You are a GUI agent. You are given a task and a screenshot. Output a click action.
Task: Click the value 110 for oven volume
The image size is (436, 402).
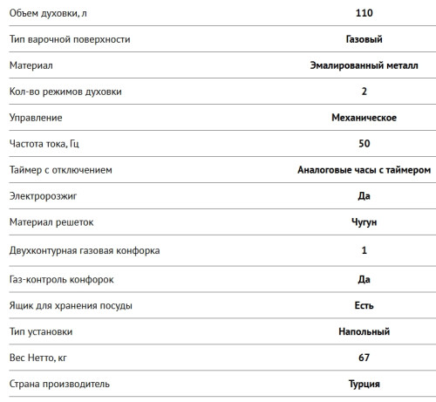click(364, 12)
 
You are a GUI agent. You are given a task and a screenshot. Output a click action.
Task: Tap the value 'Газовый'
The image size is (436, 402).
click(364, 38)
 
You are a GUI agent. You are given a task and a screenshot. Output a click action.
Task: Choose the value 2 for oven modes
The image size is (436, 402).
click(364, 91)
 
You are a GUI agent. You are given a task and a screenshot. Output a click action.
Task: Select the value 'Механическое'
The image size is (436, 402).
click(364, 117)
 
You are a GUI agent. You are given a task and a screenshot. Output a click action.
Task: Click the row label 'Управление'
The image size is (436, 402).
click(36, 117)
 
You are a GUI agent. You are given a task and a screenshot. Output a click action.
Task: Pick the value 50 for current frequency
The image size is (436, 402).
click(364, 143)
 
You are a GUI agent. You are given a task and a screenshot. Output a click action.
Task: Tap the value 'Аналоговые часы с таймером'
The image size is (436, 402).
click(364, 169)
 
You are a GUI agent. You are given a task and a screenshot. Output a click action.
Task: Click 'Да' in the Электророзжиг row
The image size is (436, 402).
click(364, 195)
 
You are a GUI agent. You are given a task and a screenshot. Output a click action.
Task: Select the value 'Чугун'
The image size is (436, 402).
click(364, 222)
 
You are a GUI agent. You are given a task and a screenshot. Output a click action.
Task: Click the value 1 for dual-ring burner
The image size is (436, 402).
click(364, 250)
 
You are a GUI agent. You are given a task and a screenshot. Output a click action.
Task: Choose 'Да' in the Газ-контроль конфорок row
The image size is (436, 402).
click(364, 279)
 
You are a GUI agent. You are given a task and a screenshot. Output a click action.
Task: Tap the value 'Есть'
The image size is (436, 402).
click(364, 305)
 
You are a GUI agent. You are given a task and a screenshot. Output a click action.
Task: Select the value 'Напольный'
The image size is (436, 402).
click(364, 331)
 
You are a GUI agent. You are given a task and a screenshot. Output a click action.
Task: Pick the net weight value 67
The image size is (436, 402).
click(364, 358)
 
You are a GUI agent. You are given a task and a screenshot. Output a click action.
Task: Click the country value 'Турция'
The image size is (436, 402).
click(364, 384)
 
